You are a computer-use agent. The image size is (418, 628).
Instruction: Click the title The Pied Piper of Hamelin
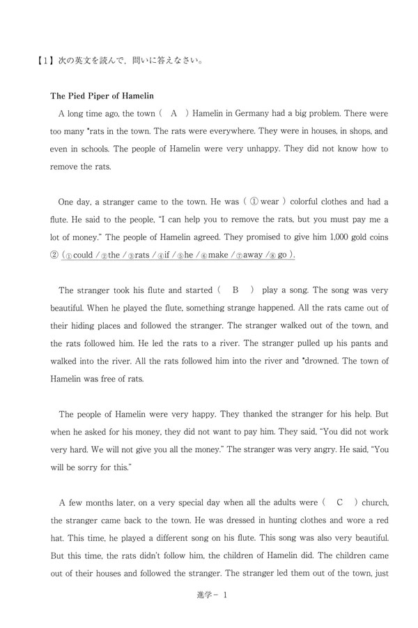[102, 96]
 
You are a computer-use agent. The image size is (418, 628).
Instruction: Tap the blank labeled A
[174, 113]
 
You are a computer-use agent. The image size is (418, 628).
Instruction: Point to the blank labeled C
[339, 502]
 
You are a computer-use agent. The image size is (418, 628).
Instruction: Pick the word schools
[90, 149]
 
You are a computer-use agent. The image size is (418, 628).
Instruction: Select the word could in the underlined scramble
[82, 255]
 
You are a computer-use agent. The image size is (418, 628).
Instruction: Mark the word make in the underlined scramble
[214, 255]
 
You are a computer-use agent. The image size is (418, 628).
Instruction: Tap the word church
[375, 502]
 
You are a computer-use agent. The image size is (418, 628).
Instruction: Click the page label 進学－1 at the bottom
[208, 595]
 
